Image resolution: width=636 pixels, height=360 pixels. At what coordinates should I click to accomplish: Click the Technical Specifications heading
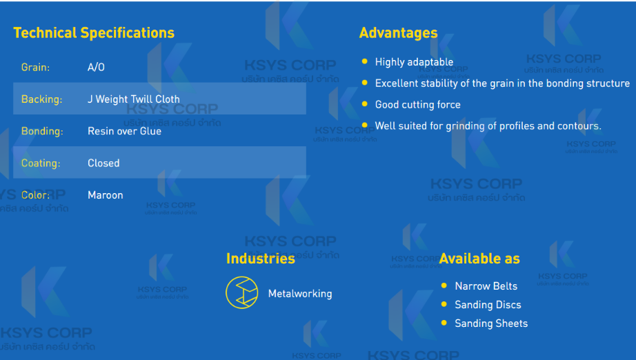94,33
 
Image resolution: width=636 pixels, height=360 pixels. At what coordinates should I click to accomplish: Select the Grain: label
35,68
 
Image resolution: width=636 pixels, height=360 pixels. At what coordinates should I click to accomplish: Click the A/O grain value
96,68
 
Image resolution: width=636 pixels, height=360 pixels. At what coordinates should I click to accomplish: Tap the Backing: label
42,99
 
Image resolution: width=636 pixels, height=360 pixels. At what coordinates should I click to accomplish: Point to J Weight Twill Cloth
133,99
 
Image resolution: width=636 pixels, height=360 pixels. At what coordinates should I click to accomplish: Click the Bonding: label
42,131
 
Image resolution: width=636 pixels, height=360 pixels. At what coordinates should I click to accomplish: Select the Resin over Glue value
125,131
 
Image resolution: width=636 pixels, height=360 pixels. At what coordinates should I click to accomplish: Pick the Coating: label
41,163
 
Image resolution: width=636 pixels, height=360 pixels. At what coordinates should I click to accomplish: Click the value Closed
103,163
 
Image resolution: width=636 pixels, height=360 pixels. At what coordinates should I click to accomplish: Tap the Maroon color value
105,195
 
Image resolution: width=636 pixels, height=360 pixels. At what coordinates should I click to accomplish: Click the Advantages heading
398,33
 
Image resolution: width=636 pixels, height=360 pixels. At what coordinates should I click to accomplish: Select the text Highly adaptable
414,62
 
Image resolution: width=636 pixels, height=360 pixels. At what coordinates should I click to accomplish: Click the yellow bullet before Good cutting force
365,103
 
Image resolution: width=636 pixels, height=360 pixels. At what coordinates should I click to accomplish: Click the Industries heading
261,259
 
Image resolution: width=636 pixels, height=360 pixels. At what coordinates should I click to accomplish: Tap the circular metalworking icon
241,292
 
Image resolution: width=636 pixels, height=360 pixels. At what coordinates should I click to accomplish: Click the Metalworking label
300,294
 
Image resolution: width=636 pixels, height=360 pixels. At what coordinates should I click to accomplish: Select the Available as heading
479,259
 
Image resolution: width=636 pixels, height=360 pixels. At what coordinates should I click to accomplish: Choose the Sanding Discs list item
488,305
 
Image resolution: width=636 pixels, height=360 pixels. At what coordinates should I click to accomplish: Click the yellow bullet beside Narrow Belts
444,286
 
